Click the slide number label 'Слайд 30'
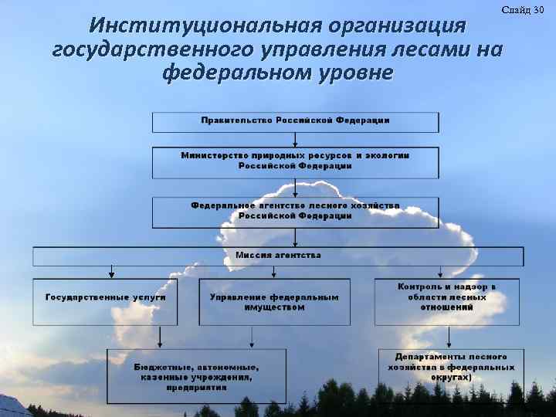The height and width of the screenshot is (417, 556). point(523,9)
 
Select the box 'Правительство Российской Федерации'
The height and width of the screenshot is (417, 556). point(295,122)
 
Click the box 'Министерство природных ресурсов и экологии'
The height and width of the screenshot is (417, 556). point(295,161)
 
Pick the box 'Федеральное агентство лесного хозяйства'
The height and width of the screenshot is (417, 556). point(295,211)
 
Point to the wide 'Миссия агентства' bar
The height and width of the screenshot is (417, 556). point(278,256)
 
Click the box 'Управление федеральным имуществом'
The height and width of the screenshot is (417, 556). point(274,302)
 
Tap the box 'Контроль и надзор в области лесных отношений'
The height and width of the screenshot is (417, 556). point(446,302)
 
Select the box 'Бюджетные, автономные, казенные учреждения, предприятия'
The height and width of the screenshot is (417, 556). point(196,376)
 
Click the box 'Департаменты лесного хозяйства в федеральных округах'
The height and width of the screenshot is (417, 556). point(451,368)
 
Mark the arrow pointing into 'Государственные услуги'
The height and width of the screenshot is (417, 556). point(112,273)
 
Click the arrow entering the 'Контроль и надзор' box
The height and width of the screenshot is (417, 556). point(440,273)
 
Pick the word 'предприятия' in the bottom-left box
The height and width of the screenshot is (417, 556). point(196,388)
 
